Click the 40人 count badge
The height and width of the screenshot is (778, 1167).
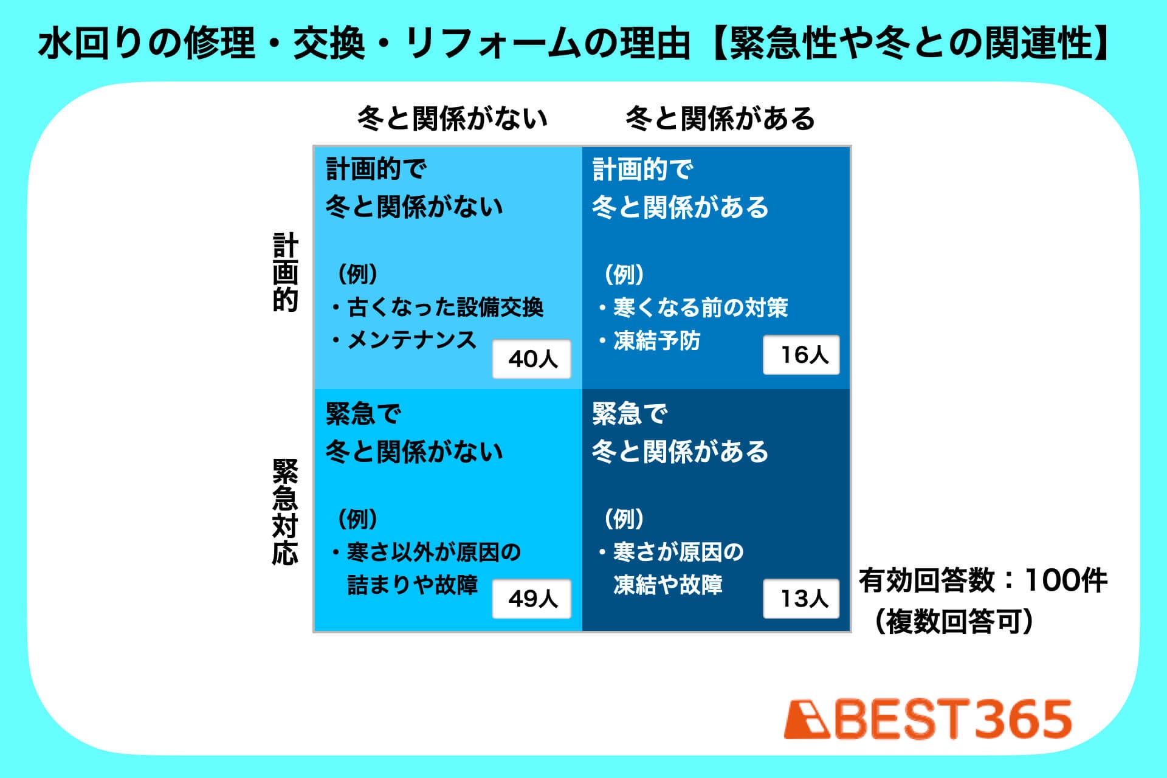pos(532,359)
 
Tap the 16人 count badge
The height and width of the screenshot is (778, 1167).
pos(802,354)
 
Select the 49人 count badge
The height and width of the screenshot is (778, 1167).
pos(532,599)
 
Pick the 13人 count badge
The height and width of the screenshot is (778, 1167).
pos(802,599)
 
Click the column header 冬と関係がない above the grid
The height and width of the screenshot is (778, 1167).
pos(452,118)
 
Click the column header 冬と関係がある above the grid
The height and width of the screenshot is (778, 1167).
pos(720,118)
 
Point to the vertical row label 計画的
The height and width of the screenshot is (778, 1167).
pos(285,272)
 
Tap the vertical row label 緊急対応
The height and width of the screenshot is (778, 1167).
pos(285,512)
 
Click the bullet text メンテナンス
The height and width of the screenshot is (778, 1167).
pos(412,340)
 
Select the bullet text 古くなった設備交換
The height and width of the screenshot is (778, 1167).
pos(445,308)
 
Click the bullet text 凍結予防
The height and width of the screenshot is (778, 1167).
pos(657,340)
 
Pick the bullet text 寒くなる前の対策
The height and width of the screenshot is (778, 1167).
pos(701,308)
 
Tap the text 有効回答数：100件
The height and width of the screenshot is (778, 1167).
pos(983,580)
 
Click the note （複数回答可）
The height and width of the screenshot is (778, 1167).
pos(954,622)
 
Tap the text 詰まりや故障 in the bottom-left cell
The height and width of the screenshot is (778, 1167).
pos(412,585)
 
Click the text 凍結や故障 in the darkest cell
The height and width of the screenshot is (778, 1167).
pos(668,585)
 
